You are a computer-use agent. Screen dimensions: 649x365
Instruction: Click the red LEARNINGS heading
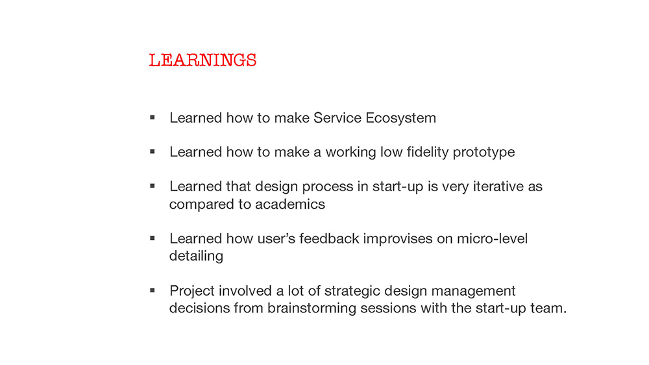click(202, 60)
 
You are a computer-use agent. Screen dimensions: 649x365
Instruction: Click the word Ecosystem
click(400, 118)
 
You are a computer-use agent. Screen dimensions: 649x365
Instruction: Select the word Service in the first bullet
click(337, 118)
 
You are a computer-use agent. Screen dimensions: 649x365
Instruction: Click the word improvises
click(398, 239)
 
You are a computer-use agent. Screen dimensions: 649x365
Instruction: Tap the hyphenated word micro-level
click(492, 239)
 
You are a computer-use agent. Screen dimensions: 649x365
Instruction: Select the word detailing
click(196, 256)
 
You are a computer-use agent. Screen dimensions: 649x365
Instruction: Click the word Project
click(192, 291)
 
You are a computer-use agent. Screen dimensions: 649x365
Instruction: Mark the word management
click(474, 291)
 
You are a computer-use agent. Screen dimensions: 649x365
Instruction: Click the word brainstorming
click(312, 309)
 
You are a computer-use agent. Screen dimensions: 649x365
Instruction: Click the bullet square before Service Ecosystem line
click(153, 117)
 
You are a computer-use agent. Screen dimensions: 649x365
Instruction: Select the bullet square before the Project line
click(153, 290)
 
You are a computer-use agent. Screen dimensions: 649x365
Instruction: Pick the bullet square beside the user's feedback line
click(153, 238)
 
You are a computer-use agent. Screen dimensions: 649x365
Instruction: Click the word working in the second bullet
click(351, 152)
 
